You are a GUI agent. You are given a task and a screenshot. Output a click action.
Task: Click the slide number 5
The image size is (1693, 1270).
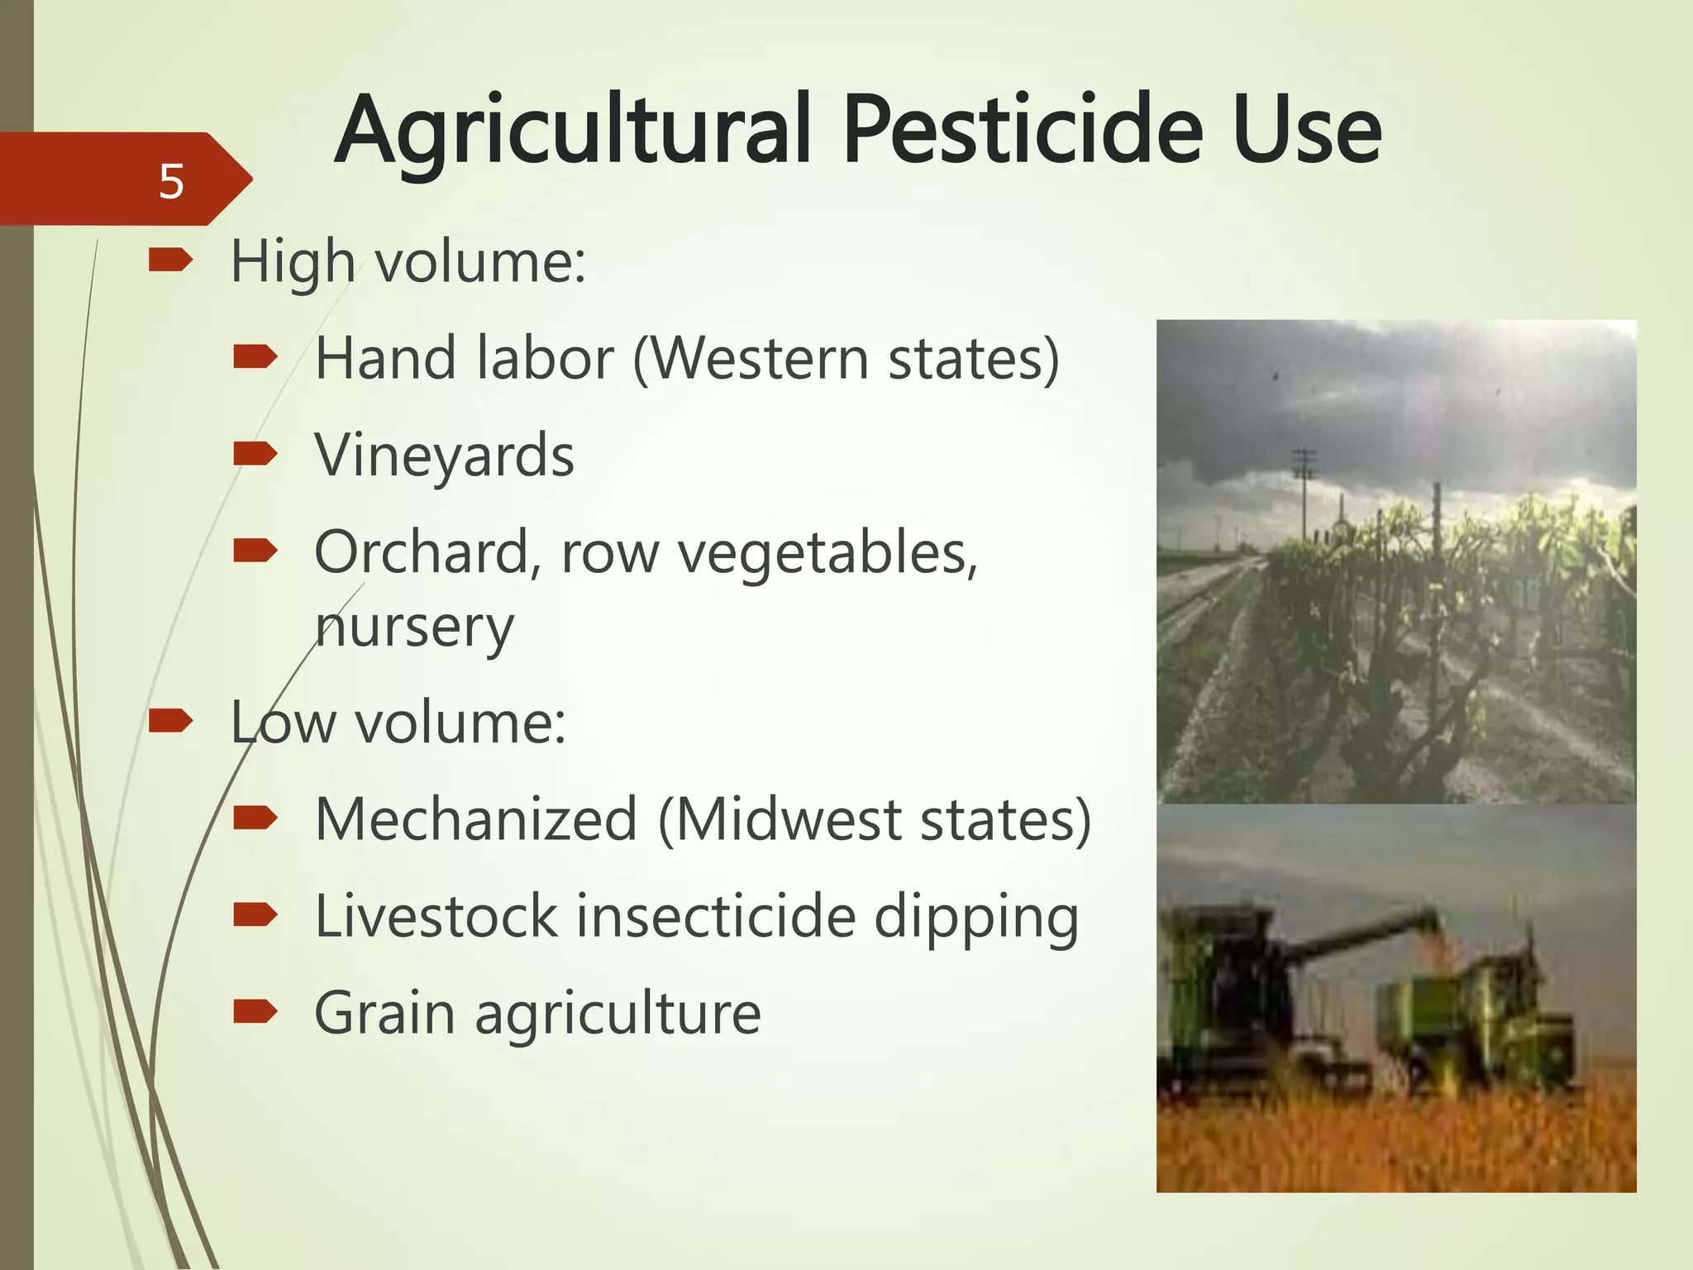click(x=171, y=181)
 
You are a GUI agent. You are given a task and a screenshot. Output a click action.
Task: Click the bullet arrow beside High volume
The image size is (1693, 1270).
click(x=170, y=261)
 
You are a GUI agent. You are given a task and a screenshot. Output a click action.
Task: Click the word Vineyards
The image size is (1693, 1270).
click(x=444, y=456)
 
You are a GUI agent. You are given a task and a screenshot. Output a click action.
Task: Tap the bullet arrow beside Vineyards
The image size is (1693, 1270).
click(x=255, y=453)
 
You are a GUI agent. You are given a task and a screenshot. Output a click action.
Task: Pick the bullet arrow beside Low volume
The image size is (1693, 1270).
click(x=170, y=721)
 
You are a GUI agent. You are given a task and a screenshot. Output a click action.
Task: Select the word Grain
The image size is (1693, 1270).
click(x=384, y=1013)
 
